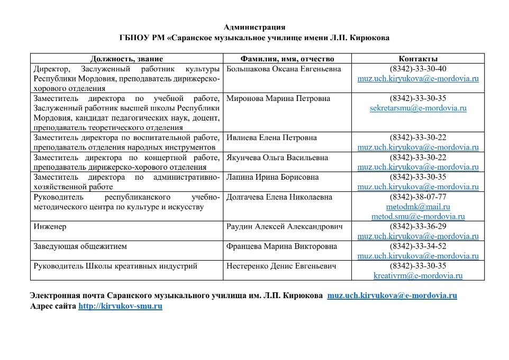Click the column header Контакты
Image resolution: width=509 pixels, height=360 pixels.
(418, 59)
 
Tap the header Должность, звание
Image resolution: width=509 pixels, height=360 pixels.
(126, 59)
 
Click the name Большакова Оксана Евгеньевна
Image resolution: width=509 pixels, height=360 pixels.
(283, 69)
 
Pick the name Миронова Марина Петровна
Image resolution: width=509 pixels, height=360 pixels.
(278, 99)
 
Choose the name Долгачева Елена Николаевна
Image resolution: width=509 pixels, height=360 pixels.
(279, 197)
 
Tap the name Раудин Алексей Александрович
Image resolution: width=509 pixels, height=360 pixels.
(284, 227)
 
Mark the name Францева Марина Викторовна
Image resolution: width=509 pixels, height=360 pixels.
(281, 246)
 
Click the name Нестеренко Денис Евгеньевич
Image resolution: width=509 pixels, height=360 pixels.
(281, 266)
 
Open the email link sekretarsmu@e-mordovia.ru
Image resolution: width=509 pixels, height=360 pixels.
(418, 108)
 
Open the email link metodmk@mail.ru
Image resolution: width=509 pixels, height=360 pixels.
(418, 207)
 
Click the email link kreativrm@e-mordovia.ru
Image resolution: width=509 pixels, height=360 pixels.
(418, 275)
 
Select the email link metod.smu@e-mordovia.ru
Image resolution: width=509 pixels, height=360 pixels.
(418, 216)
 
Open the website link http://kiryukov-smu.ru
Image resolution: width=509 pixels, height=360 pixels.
(120, 306)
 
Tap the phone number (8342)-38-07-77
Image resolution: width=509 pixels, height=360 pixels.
(418, 197)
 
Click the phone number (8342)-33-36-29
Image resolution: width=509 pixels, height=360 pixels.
(418, 227)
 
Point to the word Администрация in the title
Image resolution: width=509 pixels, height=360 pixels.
(254, 27)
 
